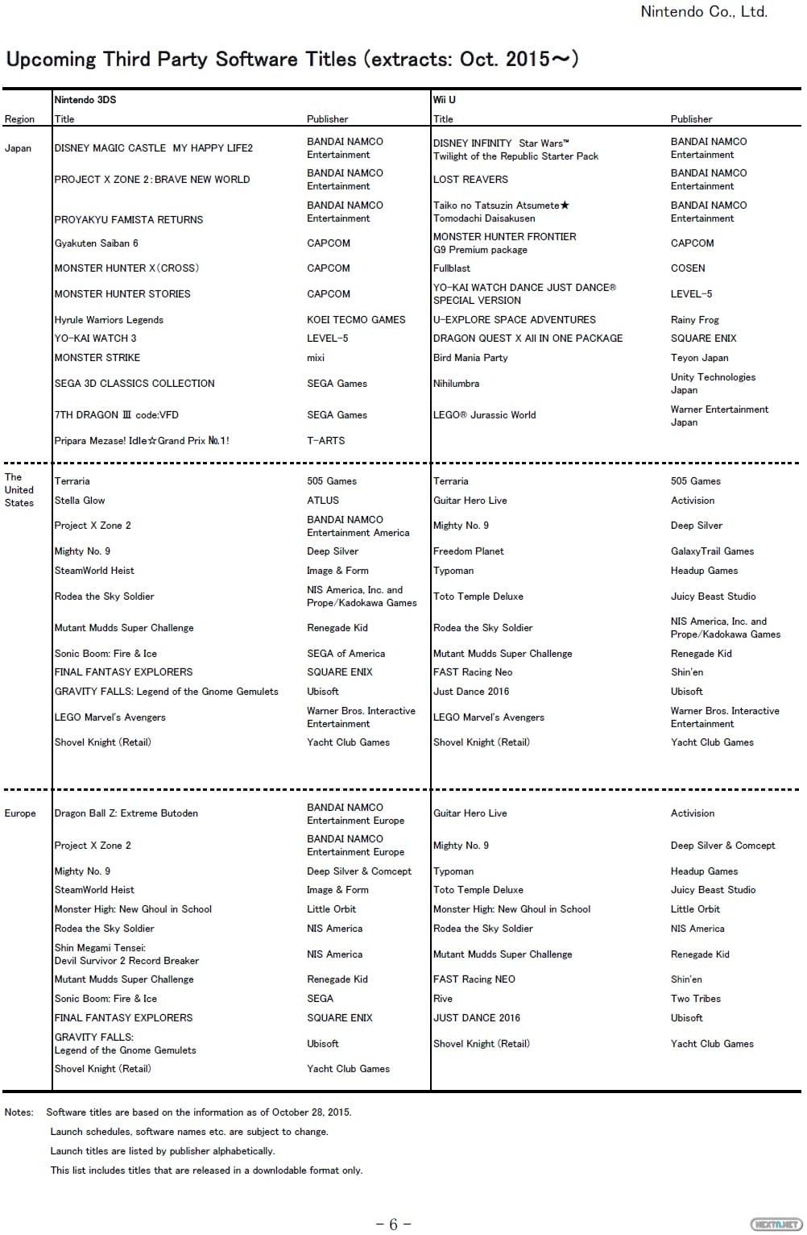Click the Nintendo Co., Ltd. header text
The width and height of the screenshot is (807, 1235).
703,11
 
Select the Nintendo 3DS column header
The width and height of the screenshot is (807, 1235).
85,100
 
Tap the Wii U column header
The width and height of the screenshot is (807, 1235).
444,100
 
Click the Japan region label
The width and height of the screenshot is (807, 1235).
18,148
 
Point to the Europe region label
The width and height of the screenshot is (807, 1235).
20,813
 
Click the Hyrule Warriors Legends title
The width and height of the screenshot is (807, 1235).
109,320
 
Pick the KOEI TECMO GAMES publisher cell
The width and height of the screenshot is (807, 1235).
356,320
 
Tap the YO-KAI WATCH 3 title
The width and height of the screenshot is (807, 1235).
95,339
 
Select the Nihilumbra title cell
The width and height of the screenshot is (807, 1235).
456,384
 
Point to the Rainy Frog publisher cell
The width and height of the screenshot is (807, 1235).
694,320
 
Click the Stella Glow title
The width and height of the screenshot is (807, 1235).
80,501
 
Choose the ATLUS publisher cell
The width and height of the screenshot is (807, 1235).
322,501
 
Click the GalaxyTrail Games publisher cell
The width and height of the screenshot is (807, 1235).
712,551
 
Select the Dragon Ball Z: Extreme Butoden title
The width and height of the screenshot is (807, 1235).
126,813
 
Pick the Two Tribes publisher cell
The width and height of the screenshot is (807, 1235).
695,999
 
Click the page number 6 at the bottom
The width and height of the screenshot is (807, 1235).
394,1225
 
